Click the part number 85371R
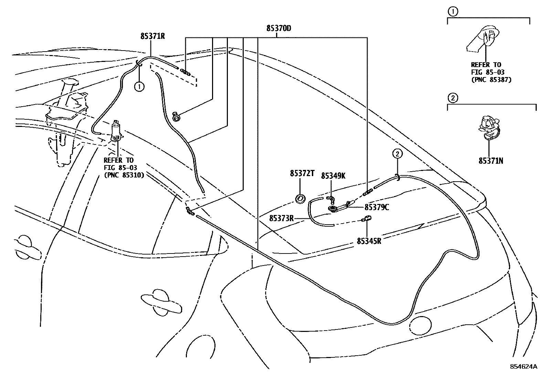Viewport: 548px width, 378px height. click(x=152, y=36)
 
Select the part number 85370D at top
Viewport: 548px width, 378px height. click(x=278, y=28)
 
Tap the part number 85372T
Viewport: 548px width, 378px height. click(x=302, y=174)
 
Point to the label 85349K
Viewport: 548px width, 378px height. click(x=333, y=176)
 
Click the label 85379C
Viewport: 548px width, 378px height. click(x=377, y=207)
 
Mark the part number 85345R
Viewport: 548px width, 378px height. click(x=369, y=241)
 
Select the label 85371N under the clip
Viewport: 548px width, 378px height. click(x=491, y=160)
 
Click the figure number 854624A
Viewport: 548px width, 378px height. click(x=524, y=367)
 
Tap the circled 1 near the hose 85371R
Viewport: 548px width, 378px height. click(x=139, y=87)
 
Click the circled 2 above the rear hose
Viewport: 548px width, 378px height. click(x=397, y=153)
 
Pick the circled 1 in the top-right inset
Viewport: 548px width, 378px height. click(x=453, y=12)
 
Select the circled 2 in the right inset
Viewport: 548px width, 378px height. click(x=453, y=98)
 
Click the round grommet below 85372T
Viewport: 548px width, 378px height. click(x=301, y=199)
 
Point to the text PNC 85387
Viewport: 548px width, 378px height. click(x=491, y=79)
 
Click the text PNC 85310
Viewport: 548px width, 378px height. click(x=124, y=175)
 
